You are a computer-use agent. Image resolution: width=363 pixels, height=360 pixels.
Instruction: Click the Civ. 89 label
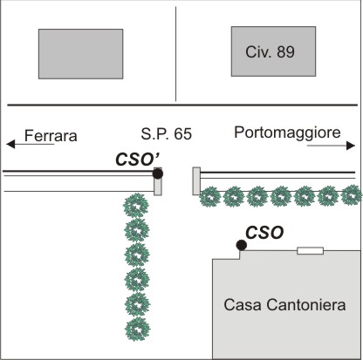tap(270, 52)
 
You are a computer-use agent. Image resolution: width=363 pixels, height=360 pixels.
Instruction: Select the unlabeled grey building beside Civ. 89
tap(81, 54)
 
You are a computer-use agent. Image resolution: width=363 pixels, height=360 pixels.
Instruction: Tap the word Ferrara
tap(51, 136)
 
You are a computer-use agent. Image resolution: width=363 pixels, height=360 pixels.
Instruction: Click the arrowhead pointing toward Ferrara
tap(10, 144)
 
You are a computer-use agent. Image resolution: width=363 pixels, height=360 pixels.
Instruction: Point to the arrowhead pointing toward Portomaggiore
tap(351, 146)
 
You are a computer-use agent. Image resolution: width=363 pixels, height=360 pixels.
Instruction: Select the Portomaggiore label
tap(287, 132)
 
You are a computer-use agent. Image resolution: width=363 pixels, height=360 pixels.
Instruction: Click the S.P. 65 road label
tap(167, 134)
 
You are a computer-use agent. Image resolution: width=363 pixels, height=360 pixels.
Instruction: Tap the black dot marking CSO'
tap(158, 173)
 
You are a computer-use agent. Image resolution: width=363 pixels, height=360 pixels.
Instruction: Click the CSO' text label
tap(137, 160)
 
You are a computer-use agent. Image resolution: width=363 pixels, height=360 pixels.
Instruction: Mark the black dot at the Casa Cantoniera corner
tap(242, 245)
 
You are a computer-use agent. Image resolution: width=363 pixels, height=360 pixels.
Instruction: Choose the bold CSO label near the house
tap(264, 233)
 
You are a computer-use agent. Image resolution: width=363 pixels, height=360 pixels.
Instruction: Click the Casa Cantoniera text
tap(284, 305)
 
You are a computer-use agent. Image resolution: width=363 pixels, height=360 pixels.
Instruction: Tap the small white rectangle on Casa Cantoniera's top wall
tap(310, 250)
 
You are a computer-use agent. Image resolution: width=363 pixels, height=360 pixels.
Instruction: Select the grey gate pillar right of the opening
tap(196, 181)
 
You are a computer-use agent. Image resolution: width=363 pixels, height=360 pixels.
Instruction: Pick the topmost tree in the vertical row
tap(136, 206)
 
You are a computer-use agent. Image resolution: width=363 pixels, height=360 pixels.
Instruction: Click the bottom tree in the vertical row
tap(137, 329)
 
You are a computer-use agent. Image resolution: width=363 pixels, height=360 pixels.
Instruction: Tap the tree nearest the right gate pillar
tap(210, 197)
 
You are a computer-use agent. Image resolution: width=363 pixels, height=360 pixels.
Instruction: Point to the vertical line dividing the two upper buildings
tap(175, 54)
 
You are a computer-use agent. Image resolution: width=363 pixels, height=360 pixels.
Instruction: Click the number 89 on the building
tap(286, 52)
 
